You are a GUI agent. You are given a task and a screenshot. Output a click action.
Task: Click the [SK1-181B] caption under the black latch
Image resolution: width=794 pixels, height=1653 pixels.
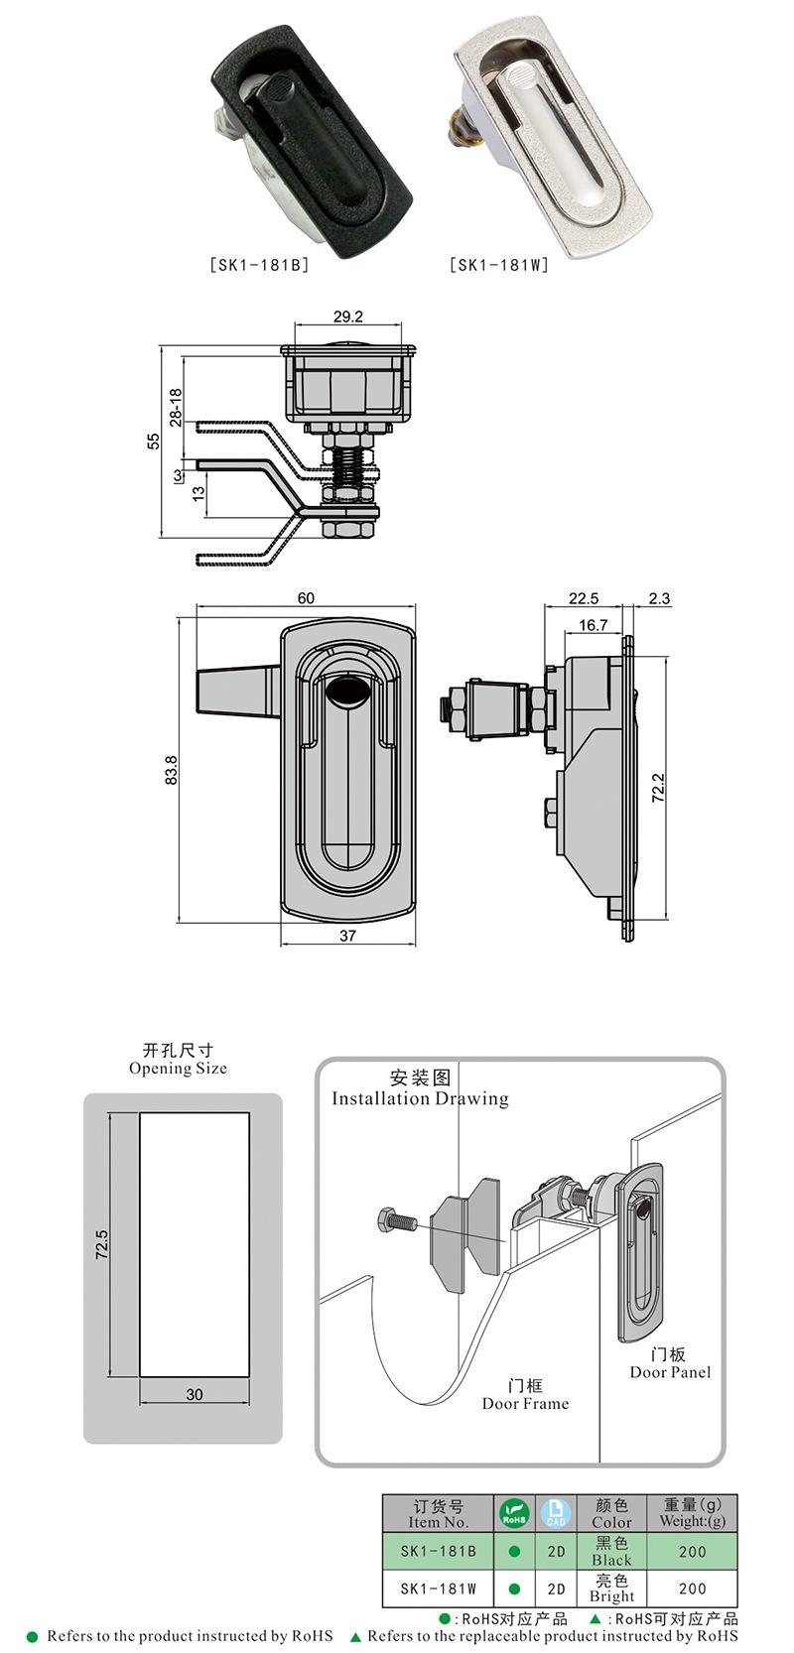(259, 266)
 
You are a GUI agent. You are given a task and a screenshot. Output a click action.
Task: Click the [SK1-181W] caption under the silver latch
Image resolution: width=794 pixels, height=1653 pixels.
(499, 266)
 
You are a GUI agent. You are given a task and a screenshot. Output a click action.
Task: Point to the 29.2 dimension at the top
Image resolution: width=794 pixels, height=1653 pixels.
(347, 318)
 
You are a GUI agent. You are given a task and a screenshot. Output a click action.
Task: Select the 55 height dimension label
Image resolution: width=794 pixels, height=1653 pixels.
(154, 442)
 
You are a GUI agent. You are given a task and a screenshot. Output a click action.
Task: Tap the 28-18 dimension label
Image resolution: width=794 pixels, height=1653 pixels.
(176, 408)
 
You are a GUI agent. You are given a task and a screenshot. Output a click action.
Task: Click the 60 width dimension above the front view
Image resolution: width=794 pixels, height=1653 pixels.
(306, 597)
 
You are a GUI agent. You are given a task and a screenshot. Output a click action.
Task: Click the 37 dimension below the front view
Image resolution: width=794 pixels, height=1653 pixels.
(346, 936)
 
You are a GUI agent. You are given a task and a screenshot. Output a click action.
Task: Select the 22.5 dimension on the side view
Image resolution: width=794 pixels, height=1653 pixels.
(584, 598)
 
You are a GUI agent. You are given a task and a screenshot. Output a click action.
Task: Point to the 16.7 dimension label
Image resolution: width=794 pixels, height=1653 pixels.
(593, 625)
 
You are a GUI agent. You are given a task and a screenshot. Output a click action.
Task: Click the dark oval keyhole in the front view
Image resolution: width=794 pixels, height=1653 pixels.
(346, 694)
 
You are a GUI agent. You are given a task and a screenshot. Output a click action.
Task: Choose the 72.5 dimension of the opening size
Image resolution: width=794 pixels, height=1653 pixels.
(101, 1243)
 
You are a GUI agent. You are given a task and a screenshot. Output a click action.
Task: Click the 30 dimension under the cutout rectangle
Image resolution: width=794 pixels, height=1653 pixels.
(195, 1394)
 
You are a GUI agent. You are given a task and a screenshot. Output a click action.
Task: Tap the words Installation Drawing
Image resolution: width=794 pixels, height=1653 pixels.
(420, 1098)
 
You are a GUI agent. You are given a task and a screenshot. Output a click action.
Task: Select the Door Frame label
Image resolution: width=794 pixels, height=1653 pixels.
(525, 1403)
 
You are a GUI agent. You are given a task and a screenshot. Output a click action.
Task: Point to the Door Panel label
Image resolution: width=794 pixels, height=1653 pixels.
(670, 1372)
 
